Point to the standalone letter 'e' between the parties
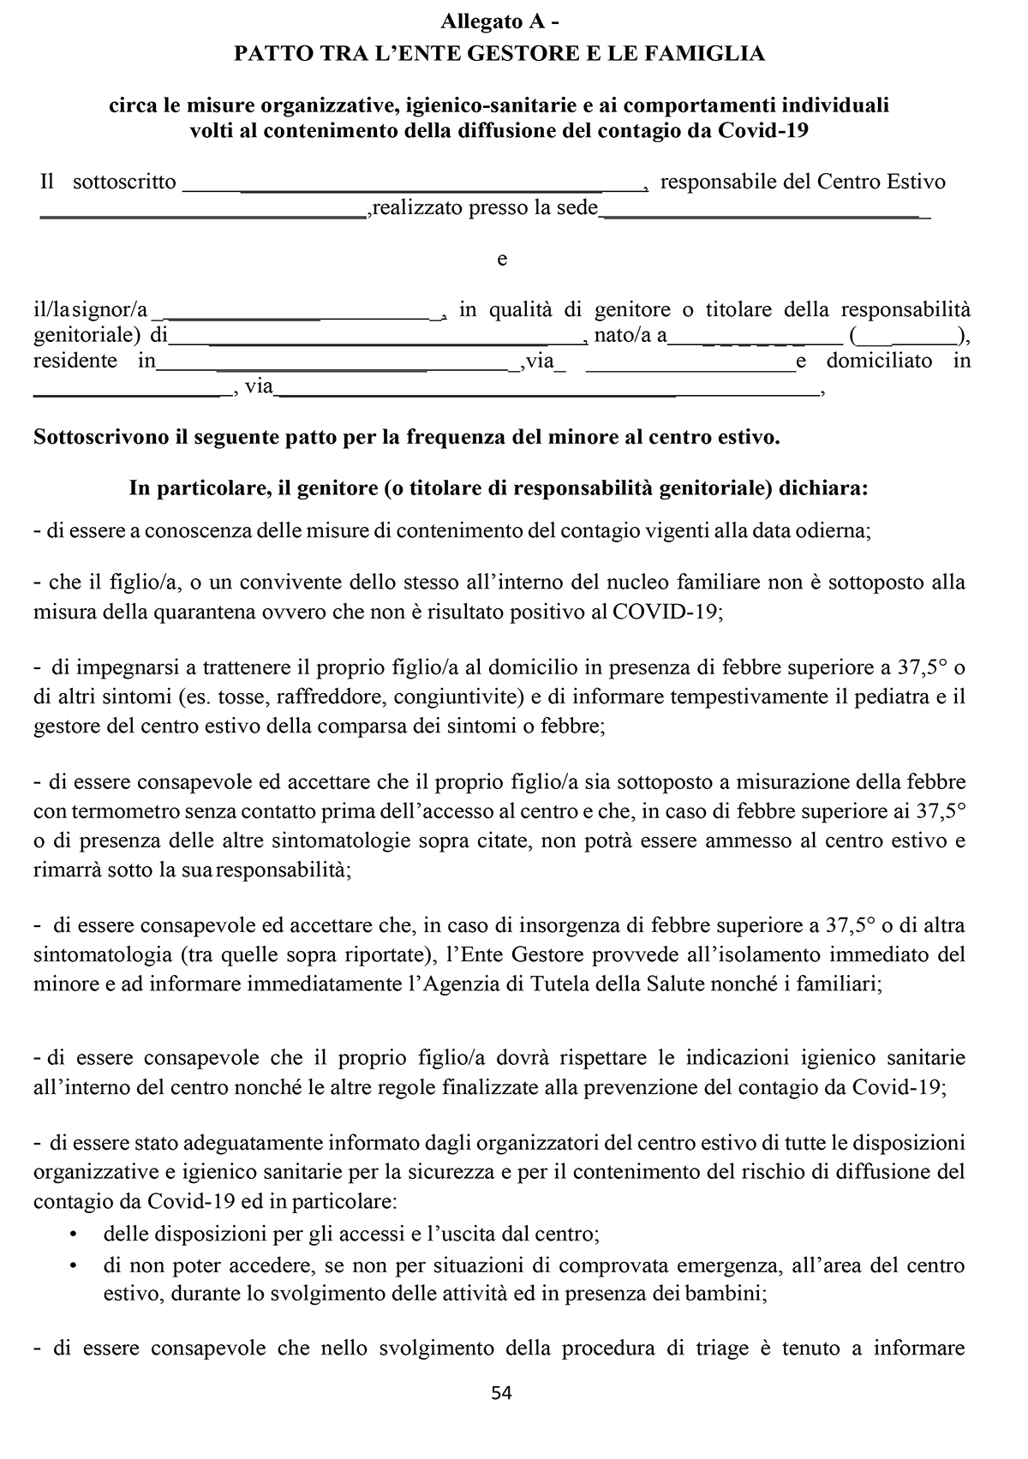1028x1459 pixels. [x=502, y=259]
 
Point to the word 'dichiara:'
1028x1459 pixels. [x=828, y=488]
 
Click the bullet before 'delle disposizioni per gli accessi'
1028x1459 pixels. [x=73, y=1235]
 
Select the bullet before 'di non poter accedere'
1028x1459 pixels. [x=73, y=1265]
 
